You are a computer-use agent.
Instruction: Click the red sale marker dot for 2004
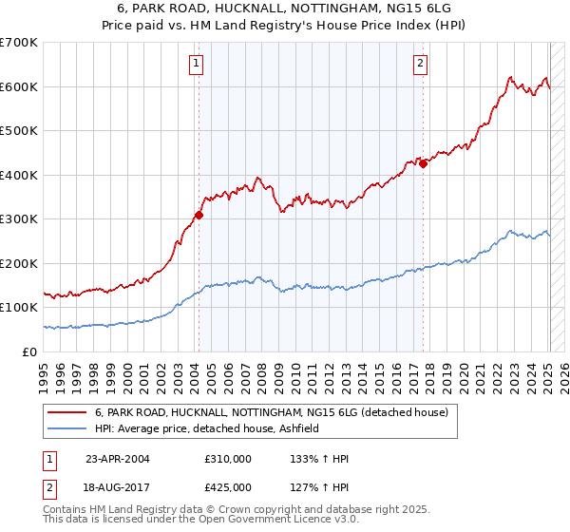pyautogui.click(x=199, y=215)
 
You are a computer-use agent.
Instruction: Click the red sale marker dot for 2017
pyautogui.click(x=424, y=163)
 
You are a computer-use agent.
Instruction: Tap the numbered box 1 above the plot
pyautogui.click(x=196, y=65)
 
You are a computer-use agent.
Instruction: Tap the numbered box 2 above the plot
pyautogui.click(x=420, y=65)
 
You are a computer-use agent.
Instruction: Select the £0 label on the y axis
pyautogui.click(x=29, y=351)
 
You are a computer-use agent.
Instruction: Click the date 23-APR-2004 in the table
pyautogui.click(x=118, y=459)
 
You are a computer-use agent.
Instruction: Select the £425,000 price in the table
pyautogui.click(x=228, y=486)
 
